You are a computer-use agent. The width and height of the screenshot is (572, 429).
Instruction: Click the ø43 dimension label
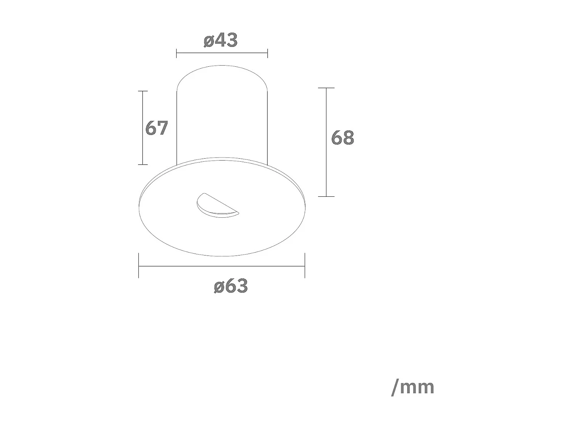click(221, 40)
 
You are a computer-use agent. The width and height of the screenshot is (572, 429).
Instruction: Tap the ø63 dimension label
click(231, 286)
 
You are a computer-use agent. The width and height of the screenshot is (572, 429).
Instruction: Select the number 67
click(156, 128)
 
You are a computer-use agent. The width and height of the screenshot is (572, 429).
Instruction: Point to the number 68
click(342, 138)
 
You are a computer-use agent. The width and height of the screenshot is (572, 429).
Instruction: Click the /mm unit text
click(413, 387)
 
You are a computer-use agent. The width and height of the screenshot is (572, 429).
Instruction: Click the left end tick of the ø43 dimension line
click(177, 53)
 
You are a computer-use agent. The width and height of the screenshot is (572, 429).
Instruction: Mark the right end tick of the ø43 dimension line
click(267, 53)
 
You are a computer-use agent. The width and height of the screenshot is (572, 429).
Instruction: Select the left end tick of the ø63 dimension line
click(139, 266)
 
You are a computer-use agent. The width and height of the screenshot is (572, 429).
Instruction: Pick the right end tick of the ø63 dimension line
click(304, 266)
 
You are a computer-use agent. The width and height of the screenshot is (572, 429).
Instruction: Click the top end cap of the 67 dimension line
click(143, 91)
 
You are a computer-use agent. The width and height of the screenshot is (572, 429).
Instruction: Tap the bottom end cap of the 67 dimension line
click(143, 164)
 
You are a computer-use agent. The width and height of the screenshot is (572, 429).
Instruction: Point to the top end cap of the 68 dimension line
click(326, 88)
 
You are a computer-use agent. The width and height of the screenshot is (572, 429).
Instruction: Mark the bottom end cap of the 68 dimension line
click(326, 196)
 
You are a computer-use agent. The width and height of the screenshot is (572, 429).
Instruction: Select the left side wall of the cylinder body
click(177, 126)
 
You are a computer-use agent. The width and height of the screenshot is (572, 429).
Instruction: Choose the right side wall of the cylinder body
click(267, 126)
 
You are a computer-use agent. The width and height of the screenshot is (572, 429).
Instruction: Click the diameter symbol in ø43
click(209, 41)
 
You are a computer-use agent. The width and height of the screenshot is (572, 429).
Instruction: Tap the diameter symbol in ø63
click(219, 286)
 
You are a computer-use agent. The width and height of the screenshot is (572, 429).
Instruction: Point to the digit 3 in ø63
click(242, 286)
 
